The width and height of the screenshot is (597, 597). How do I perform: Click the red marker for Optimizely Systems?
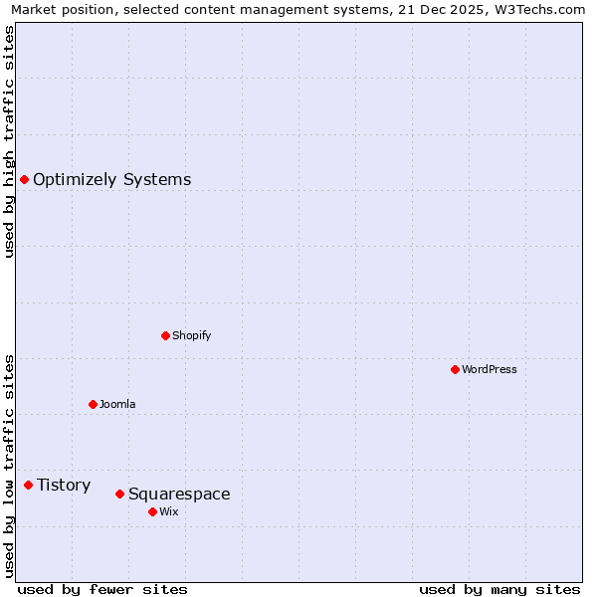24,179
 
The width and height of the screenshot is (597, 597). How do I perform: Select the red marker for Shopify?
165,335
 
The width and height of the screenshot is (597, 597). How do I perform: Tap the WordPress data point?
455,369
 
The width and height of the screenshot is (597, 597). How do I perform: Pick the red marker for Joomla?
93,404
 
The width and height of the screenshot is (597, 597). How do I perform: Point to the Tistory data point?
28,485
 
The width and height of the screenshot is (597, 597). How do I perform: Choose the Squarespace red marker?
119,494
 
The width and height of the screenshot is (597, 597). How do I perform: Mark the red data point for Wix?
152,511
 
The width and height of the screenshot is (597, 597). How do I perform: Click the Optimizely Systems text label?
111,180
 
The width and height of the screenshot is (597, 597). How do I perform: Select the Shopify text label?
191,336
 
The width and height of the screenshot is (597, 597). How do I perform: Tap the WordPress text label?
489,370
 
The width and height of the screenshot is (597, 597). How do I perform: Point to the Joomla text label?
117,405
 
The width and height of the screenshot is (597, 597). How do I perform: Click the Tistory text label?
64,486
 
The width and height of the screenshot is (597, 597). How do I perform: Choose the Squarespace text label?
179,495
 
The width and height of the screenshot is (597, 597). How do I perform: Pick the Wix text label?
168,512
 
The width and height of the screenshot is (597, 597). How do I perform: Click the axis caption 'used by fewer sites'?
102,589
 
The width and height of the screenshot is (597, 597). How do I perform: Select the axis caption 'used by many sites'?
499,589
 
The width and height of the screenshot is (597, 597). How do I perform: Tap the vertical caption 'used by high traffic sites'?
9,141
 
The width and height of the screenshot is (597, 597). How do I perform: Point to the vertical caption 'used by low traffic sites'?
9,466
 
